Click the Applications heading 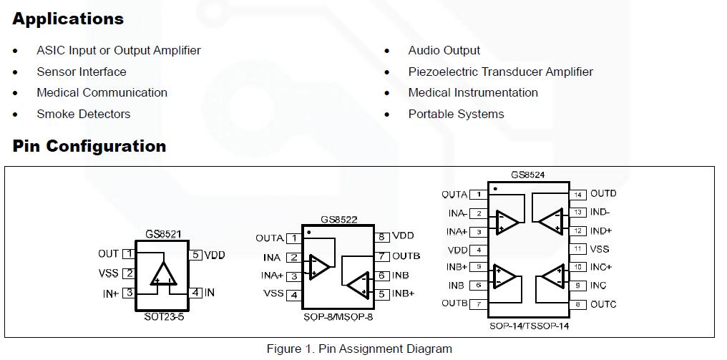[x=68, y=19]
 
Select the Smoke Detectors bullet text [x=84, y=114]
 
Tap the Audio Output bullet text [x=444, y=50]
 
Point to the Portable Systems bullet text [x=456, y=114]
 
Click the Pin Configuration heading [x=89, y=146]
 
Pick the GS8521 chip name [x=163, y=233]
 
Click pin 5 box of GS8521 [x=196, y=254]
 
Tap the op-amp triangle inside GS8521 [x=163, y=274]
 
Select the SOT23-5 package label [x=164, y=316]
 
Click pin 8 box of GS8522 [x=383, y=236]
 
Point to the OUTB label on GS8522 [x=406, y=256]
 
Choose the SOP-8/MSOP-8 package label [x=338, y=316]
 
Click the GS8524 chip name [x=529, y=175]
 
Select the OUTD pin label [x=603, y=193]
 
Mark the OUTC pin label [x=603, y=304]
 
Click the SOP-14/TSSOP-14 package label [x=530, y=326]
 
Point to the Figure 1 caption [x=359, y=349]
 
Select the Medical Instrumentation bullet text [x=472, y=92]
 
